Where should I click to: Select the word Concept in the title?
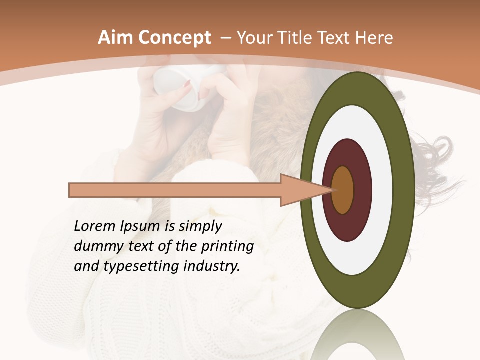(174, 38)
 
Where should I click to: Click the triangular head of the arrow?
(298, 190)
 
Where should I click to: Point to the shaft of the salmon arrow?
(175, 190)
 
